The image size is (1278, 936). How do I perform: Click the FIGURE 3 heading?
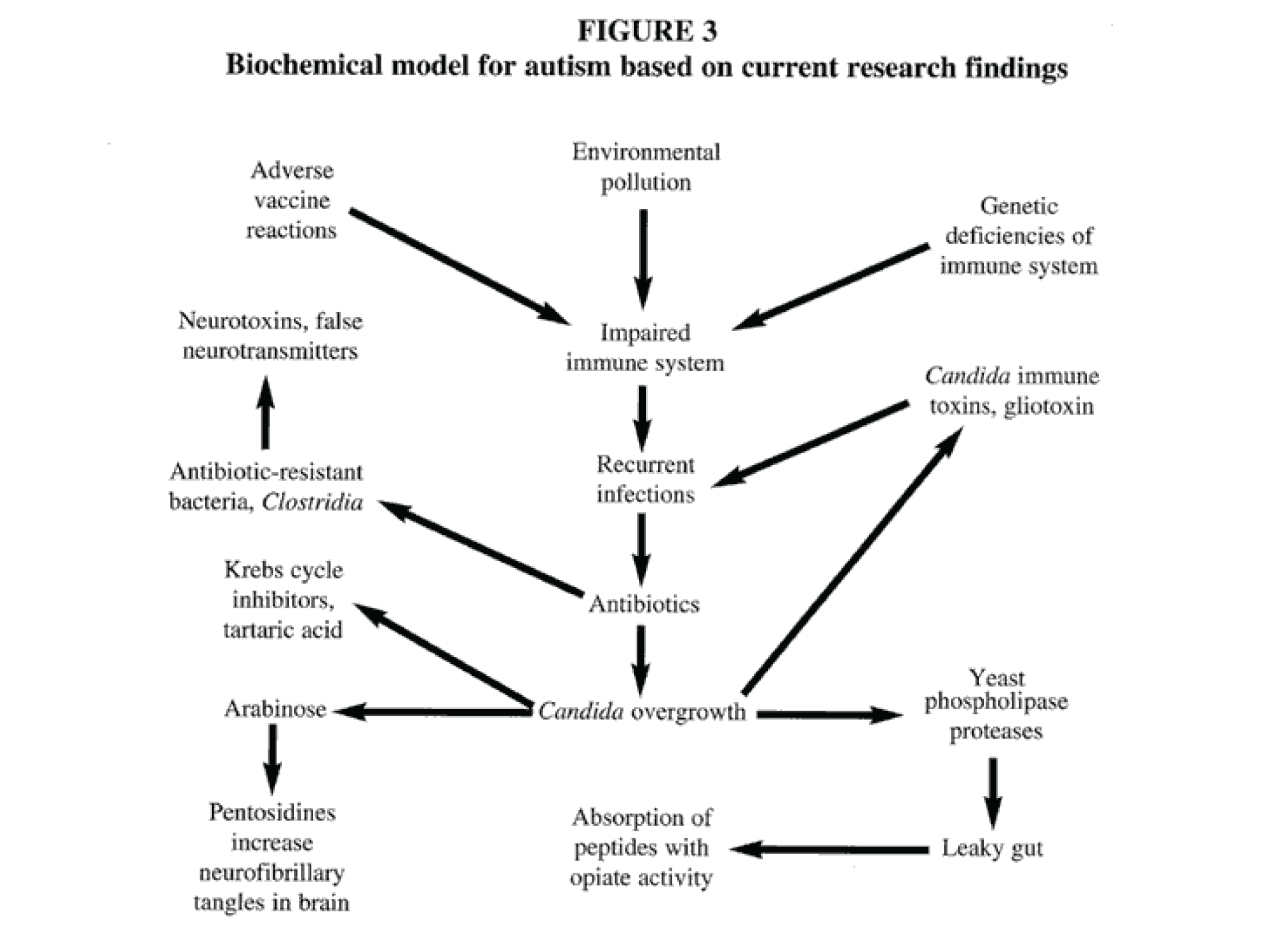(647, 31)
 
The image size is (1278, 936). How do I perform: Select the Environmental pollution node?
(645, 167)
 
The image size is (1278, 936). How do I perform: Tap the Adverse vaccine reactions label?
(291, 200)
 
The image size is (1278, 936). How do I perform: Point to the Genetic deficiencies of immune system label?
(1019, 236)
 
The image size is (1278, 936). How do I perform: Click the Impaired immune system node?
(645, 348)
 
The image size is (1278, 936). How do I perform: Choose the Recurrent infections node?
(645, 479)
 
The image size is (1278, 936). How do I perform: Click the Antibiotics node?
(644, 604)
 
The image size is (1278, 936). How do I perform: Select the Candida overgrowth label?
(642, 711)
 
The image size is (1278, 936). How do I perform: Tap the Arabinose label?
(275, 709)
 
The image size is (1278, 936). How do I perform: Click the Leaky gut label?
(992, 848)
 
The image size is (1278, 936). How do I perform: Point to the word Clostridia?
(312, 502)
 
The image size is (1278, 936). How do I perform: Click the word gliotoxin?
(1048, 406)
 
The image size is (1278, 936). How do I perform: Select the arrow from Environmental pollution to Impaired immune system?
(643, 256)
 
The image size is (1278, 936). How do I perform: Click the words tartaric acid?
(282, 630)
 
